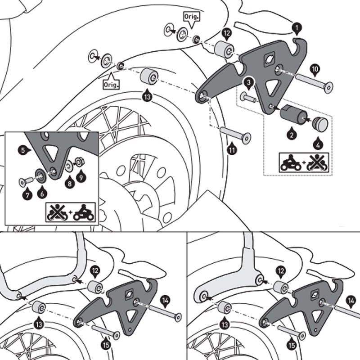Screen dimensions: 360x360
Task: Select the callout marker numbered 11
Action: tap(232, 149)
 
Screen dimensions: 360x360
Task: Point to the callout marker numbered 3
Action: tap(248, 82)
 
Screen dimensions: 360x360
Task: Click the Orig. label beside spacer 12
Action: tap(191, 17)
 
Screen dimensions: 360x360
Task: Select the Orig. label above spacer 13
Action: tap(111, 84)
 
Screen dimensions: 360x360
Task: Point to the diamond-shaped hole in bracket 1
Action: tap(269, 58)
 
